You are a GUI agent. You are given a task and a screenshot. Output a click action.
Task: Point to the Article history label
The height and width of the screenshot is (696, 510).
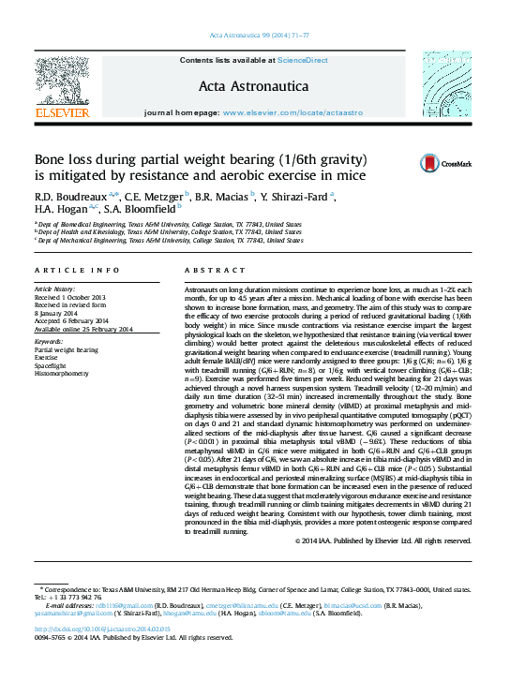pos(60,290)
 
